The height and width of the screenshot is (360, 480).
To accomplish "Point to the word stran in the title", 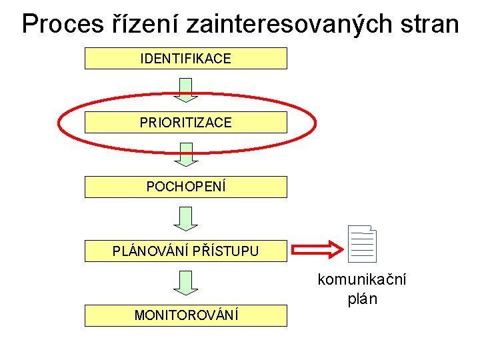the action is (x=427, y=24).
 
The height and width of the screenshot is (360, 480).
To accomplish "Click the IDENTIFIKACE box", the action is (x=185, y=59).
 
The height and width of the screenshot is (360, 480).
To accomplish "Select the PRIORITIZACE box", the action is (x=185, y=123).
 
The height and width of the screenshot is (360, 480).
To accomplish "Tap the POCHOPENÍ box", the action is (x=185, y=187).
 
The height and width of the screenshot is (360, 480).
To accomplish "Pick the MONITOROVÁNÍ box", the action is (x=185, y=315).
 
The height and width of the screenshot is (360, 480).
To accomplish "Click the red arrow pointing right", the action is (x=316, y=251).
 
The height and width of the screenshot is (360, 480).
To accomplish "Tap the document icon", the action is (x=363, y=243).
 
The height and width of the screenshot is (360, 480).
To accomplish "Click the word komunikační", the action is (x=362, y=279).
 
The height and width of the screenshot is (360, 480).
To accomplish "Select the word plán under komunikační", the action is (x=362, y=299).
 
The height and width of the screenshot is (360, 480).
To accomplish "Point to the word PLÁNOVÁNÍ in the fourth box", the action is (x=150, y=251).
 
